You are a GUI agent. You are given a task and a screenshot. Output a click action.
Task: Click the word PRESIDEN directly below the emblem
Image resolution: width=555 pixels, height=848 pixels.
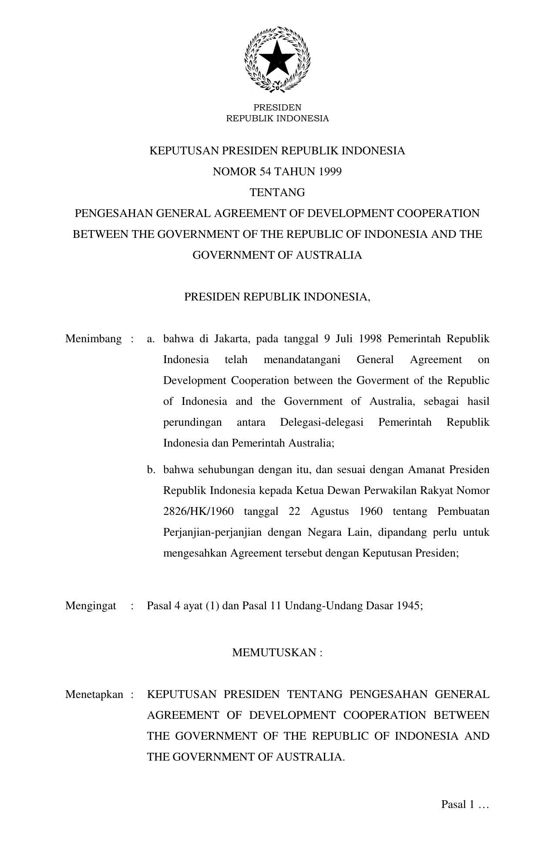(277, 107)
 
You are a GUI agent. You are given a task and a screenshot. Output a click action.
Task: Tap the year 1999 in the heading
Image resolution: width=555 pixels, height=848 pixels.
(330, 172)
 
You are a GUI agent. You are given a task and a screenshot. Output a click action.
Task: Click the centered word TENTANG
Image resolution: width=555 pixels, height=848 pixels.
(277, 193)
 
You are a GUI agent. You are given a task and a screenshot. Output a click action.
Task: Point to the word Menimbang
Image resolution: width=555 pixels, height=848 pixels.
(93, 339)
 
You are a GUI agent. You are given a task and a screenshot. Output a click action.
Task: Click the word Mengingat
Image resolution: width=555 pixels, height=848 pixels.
(91, 606)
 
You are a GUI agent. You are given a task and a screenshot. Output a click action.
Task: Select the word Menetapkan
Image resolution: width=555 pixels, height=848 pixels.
(94, 694)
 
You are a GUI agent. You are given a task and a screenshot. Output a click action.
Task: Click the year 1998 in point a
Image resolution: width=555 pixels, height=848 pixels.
(370, 339)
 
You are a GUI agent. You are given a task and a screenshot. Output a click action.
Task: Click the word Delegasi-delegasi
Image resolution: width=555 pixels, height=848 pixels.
(322, 423)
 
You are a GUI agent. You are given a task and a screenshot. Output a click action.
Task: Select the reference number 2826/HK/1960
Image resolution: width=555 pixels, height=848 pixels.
(198, 511)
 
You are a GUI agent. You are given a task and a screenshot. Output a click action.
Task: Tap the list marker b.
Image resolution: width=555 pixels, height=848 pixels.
(151, 470)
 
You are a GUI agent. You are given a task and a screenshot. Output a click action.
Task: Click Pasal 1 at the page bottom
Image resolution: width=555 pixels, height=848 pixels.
(457, 805)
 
